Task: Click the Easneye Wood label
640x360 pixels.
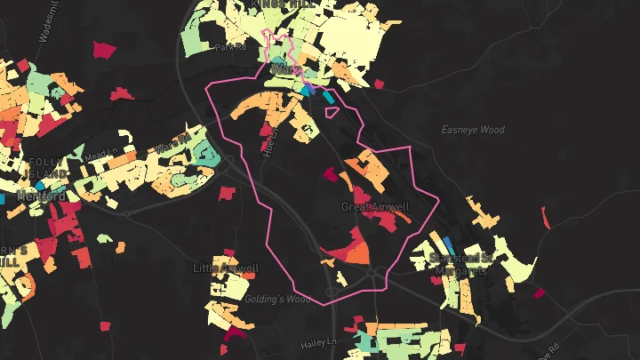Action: pos(473,130)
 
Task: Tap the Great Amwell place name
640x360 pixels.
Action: pos(375,207)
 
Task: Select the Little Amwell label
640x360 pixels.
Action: pos(226,268)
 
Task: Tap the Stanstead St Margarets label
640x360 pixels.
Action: pos(460,264)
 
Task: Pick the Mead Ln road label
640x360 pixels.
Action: pos(104,152)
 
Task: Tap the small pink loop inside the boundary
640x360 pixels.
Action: pos(332,112)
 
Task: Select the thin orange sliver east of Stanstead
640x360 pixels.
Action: pos(545,216)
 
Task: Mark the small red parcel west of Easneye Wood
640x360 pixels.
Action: pos(380,84)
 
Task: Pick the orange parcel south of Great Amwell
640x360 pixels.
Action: pos(356,254)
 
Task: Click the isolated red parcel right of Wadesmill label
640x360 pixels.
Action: pos(104,49)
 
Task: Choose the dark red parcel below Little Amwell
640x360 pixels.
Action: pos(234,333)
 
